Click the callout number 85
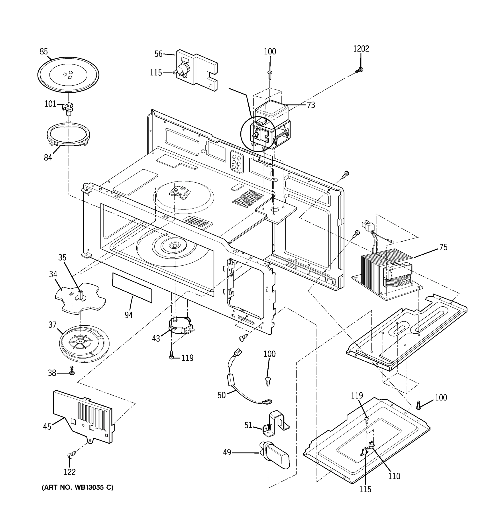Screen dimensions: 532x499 pos(43,51)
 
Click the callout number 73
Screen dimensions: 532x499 pos(310,105)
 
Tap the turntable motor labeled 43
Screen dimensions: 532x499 pos(180,326)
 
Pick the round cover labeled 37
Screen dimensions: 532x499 pos(84,343)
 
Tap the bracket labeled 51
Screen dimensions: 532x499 pos(276,423)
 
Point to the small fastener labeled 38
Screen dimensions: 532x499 pos(72,372)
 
